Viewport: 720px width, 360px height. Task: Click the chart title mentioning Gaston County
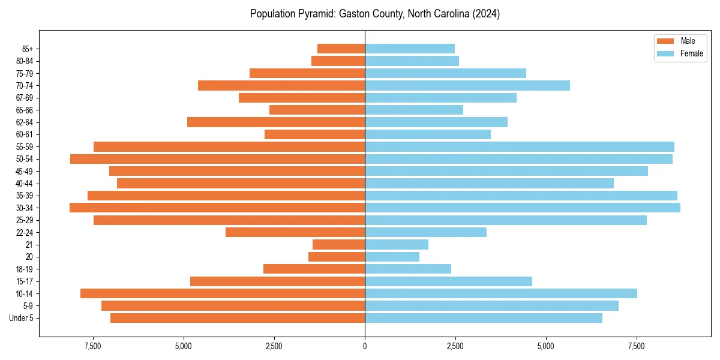[x=375, y=14]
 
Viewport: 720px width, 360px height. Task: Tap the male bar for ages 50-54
[x=217, y=159]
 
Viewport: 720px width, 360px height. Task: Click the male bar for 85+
[x=341, y=49]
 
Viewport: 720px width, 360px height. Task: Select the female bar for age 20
[x=392, y=257]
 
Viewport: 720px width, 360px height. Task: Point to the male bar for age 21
[x=338, y=245]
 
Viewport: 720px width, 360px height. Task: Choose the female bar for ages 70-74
[x=467, y=85]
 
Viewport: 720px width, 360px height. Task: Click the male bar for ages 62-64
[x=276, y=122]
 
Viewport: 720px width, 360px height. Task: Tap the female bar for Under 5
[x=483, y=318]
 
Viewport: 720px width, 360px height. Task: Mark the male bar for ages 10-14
[x=223, y=293]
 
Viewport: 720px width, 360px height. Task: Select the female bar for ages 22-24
[x=425, y=232]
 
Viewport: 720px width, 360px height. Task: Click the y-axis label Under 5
[x=22, y=318]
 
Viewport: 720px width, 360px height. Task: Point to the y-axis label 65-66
[x=25, y=110]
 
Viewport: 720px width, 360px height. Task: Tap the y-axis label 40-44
[x=25, y=184]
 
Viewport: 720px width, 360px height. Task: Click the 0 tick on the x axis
[x=365, y=346]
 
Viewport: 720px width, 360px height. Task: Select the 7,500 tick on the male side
[x=93, y=346]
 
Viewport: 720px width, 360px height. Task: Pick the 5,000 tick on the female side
[x=546, y=346]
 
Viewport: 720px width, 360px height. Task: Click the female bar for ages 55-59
[x=519, y=146]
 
